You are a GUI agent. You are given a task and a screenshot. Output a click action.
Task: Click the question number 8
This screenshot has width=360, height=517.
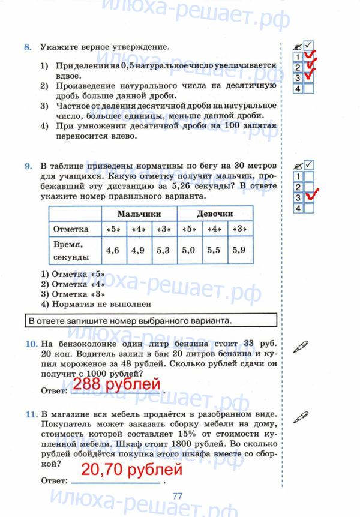click(27, 46)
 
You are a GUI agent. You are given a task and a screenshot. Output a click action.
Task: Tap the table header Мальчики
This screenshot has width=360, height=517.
click(139, 214)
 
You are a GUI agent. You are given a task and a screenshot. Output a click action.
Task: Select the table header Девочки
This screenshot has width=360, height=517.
click(214, 214)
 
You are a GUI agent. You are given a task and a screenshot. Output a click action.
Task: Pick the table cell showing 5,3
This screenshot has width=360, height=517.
click(163, 251)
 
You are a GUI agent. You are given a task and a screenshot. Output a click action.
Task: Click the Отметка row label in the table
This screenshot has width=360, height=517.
click(71, 229)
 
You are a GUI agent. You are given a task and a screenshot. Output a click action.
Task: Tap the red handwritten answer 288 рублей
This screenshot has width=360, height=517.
click(117, 384)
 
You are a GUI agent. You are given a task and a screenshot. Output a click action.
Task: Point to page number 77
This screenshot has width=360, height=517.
click(177, 495)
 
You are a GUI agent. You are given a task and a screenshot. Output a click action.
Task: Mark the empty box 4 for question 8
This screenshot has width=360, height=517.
click(308, 88)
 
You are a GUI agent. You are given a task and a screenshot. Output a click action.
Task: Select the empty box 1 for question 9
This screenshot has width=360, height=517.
click(308, 176)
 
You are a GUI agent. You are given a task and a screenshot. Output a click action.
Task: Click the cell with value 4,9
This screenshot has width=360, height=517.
click(138, 251)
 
